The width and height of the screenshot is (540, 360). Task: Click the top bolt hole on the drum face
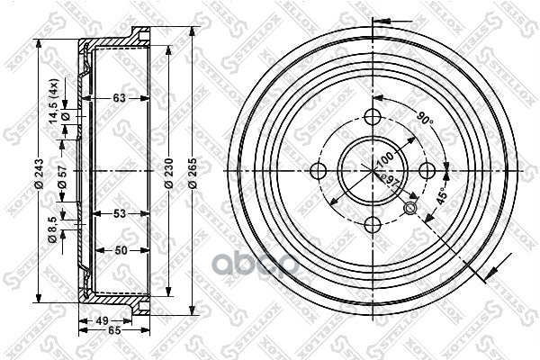[x=373, y=115]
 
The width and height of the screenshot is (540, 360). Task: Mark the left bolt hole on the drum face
[x=317, y=171]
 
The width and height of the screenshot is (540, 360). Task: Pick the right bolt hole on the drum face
[x=428, y=171]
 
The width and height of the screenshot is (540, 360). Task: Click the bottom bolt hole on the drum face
[x=373, y=227]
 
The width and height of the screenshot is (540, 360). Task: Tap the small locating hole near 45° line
[x=411, y=209]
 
